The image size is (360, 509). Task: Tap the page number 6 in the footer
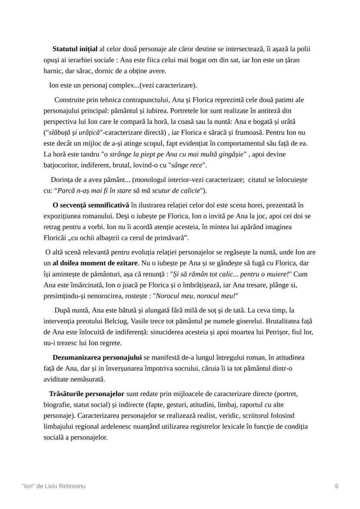coord(337,486)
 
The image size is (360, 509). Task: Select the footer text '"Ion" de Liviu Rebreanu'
coord(53,486)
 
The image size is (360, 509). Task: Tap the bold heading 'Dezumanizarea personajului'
coord(97,357)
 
